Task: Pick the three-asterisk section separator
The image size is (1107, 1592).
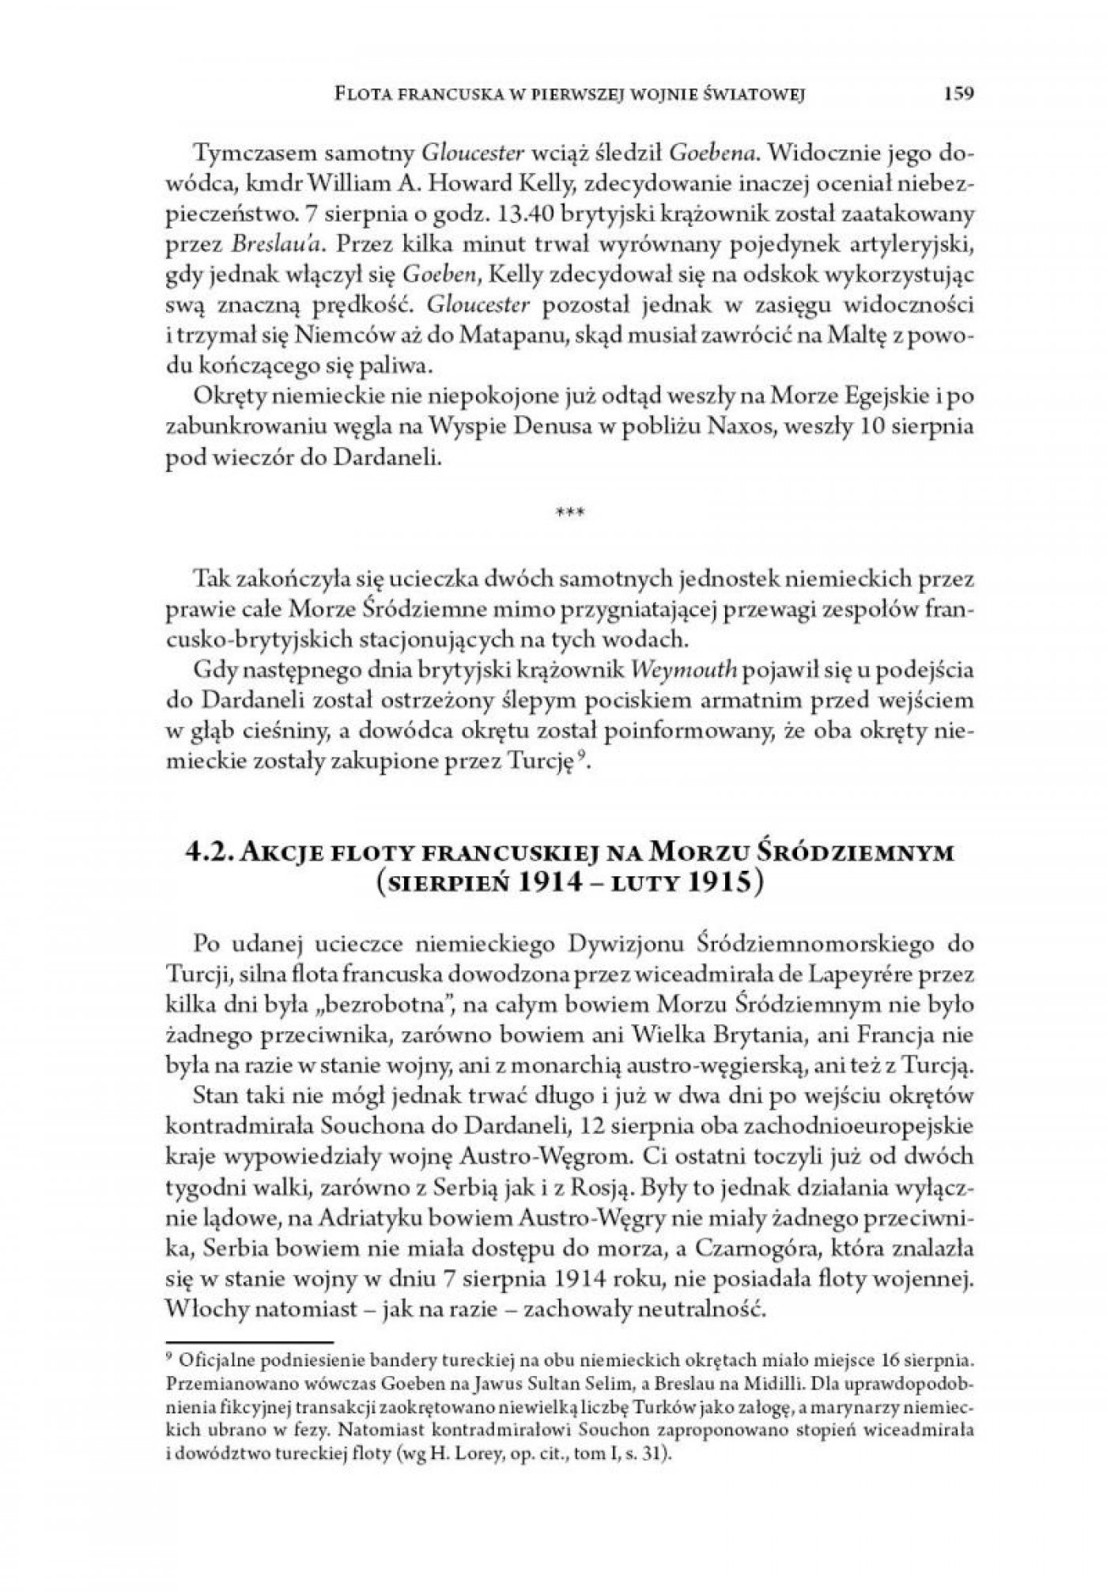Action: (571, 513)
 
